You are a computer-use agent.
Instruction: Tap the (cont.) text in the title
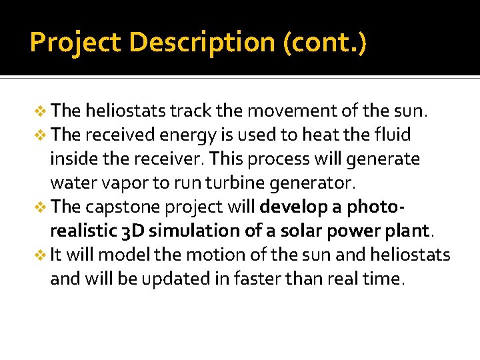[325, 43]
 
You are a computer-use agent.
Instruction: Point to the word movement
[280, 110]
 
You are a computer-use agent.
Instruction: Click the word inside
[72, 159]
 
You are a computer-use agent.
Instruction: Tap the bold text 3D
[131, 231]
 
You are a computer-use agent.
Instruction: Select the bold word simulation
[189, 231]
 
